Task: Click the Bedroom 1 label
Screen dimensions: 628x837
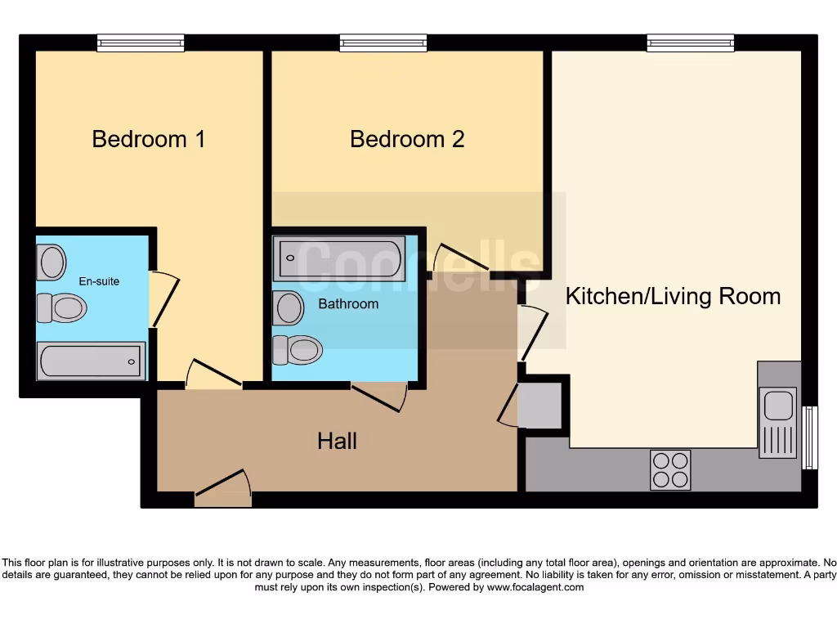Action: point(148,139)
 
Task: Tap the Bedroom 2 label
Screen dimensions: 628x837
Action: point(407,139)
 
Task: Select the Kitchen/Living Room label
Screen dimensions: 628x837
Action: point(673,296)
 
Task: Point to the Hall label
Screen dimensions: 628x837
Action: point(337,442)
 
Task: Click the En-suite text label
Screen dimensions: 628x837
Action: point(99,281)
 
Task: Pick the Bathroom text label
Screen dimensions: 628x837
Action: point(348,303)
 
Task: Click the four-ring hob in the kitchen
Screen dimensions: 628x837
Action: point(670,470)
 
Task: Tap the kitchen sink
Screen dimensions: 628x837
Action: point(777,421)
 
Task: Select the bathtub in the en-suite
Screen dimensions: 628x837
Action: point(91,361)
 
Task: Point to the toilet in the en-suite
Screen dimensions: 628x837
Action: point(62,308)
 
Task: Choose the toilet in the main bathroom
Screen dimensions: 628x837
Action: point(298,350)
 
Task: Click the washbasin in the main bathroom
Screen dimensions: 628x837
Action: point(289,308)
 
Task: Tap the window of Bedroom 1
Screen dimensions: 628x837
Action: point(141,43)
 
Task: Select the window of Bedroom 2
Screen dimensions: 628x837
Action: point(383,43)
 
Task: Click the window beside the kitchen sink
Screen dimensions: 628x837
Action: point(809,438)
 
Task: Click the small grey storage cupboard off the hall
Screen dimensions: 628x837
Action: point(539,406)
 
